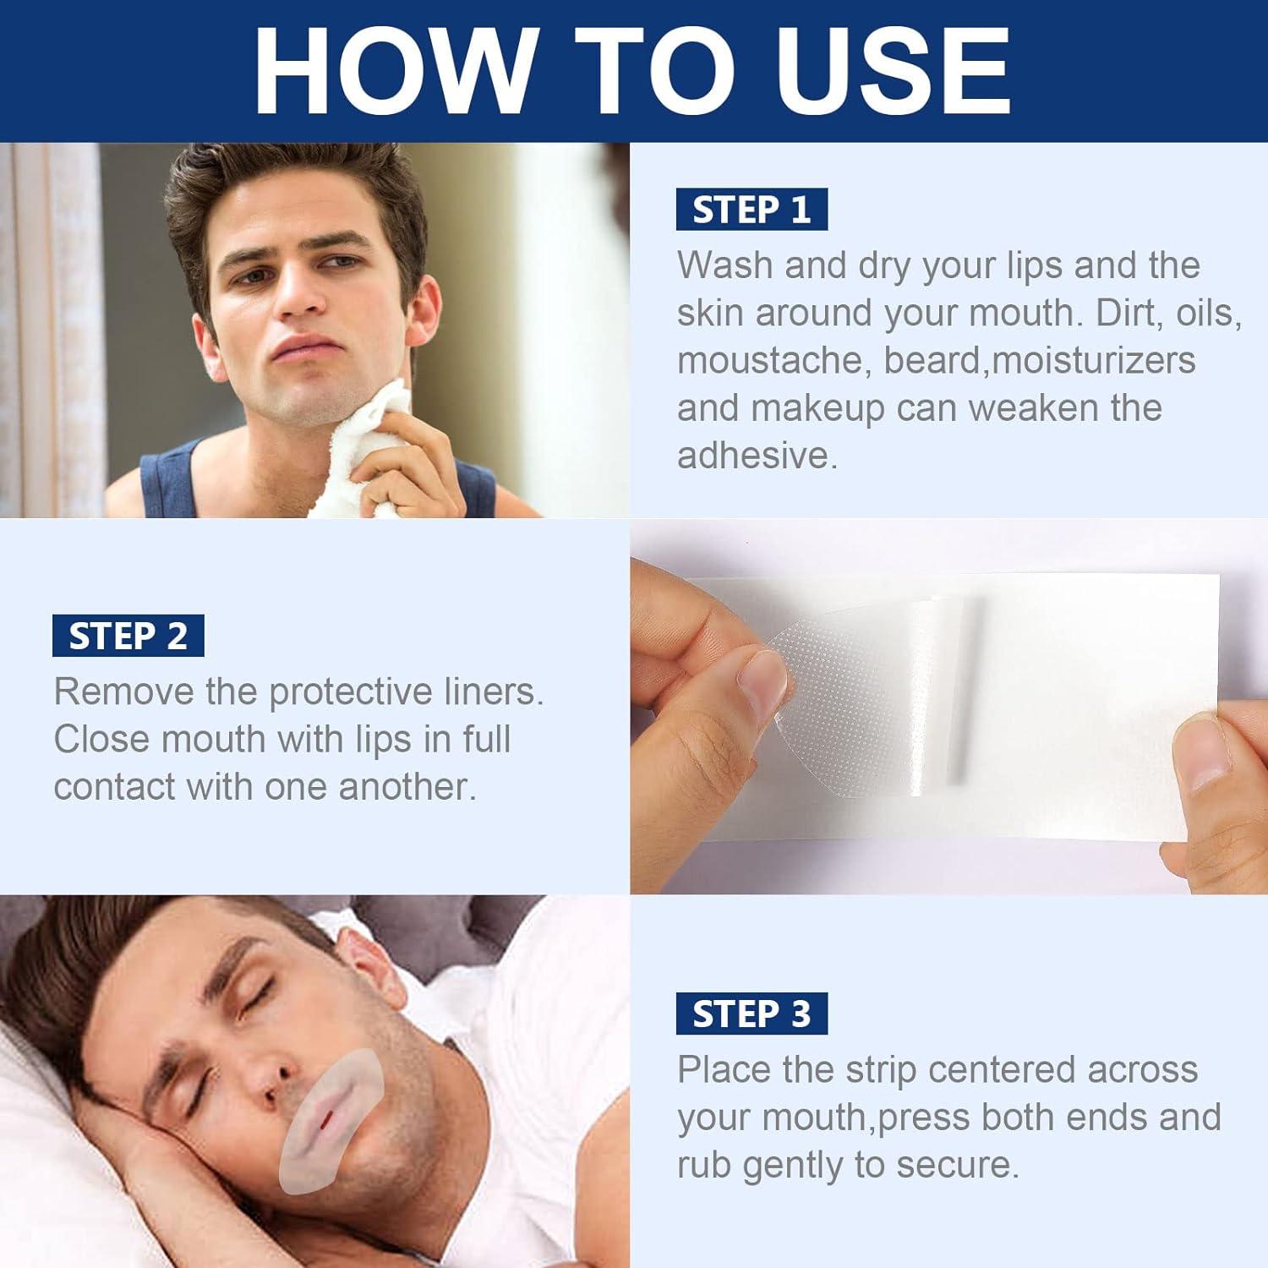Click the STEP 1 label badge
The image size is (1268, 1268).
point(751,210)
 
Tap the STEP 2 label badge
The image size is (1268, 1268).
point(128,636)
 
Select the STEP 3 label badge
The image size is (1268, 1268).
point(751,1014)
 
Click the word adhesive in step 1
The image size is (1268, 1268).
point(756,456)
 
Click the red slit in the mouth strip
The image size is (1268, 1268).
point(324,1123)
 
